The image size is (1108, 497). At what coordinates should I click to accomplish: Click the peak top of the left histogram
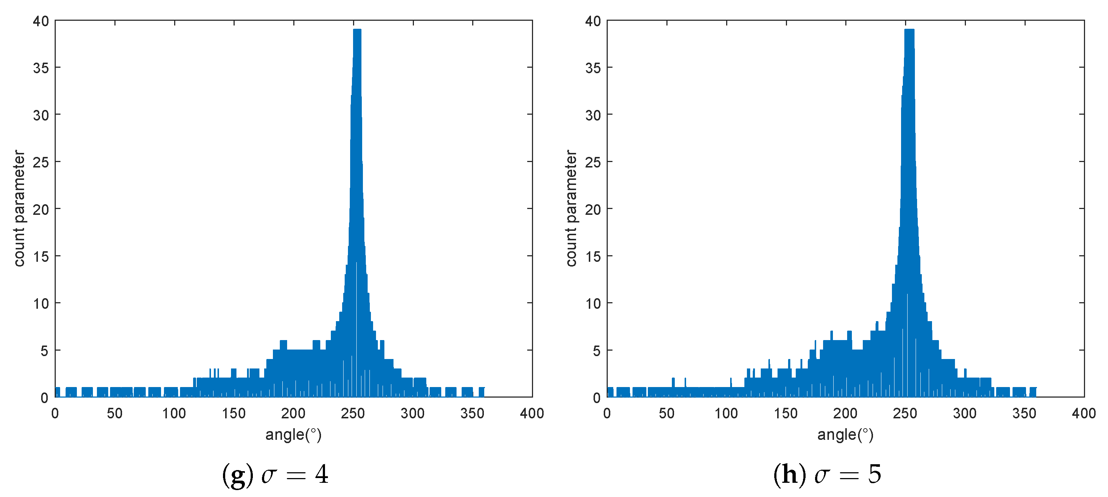pyautogui.click(x=357, y=30)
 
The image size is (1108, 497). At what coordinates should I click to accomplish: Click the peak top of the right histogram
pyautogui.click(x=909, y=30)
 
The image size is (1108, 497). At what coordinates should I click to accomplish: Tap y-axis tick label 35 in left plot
pyautogui.click(x=41, y=68)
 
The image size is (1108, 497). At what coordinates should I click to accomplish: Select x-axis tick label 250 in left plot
pyautogui.click(x=353, y=413)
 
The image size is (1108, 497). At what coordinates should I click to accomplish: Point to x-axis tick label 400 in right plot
pyautogui.click(x=1084, y=413)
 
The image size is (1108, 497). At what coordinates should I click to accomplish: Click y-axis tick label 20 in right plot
pyautogui.click(x=593, y=209)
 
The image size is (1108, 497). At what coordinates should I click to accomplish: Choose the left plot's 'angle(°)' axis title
pyautogui.click(x=293, y=435)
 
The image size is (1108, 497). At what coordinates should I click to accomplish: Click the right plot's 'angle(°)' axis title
pyautogui.click(x=845, y=435)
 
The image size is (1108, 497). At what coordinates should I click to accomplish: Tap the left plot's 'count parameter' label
pyautogui.click(x=19, y=209)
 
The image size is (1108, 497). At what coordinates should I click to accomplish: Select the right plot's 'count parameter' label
pyautogui.click(x=571, y=209)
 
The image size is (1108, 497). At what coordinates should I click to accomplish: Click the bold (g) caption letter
pyautogui.click(x=238, y=475)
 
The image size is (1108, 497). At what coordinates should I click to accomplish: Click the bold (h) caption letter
pyautogui.click(x=790, y=475)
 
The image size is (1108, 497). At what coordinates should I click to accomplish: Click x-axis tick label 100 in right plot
pyautogui.click(x=726, y=413)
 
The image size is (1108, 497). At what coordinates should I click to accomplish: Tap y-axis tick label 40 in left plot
pyautogui.click(x=41, y=21)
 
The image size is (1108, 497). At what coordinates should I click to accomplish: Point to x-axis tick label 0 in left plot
pyautogui.click(x=55, y=413)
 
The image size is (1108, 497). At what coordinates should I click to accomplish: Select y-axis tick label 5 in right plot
pyautogui.click(x=596, y=351)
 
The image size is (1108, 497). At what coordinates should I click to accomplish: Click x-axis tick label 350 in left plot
pyautogui.click(x=472, y=413)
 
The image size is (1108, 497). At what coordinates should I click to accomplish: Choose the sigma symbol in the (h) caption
pyautogui.click(x=822, y=476)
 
